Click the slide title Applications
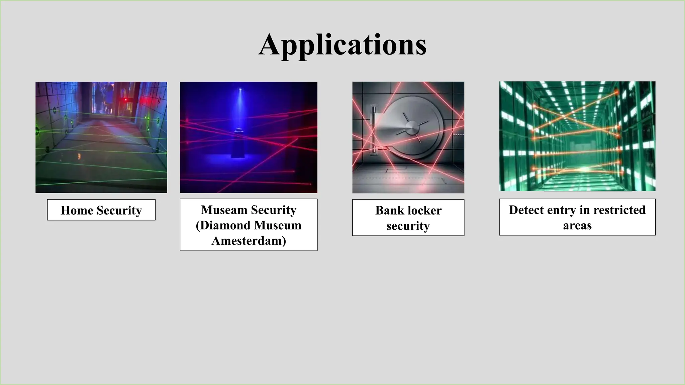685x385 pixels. tap(342, 45)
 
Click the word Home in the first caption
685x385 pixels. tap(77, 210)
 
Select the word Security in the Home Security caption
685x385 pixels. tap(119, 210)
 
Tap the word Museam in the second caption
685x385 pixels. tap(224, 210)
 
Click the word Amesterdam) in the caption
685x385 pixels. tap(249, 241)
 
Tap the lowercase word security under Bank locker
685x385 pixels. tap(408, 226)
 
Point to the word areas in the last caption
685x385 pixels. tap(577, 225)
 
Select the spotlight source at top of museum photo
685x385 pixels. tap(240, 90)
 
